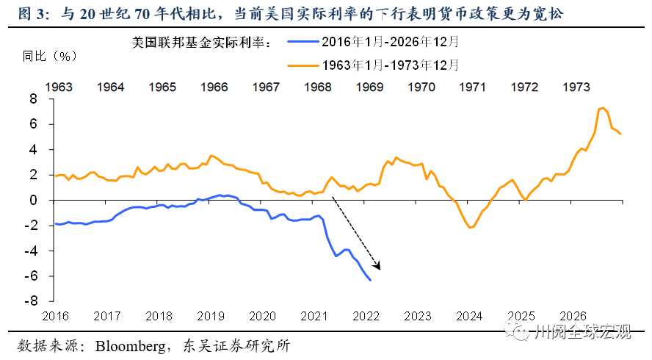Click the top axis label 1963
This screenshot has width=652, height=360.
click(x=59, y=87)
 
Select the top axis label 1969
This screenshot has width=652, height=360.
click(x=369, y=87)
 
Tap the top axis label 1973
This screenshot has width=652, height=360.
click(x=576, y=87)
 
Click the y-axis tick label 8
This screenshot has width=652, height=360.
click(x=32, y=99)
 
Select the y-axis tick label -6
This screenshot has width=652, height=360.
click(x=30, y=276)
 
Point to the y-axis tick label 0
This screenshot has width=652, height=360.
click(x=32, y=200)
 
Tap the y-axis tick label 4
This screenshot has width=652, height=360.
click(x=32, y=150)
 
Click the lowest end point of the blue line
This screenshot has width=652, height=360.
click(x=370, y=280)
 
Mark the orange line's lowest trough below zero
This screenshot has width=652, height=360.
click(x=470, y=228)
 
